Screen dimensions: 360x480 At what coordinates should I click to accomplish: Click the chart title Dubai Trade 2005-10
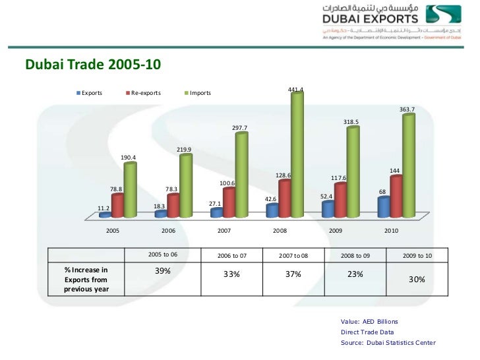[92, 65]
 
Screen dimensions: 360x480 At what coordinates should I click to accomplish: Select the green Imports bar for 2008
[297, 155]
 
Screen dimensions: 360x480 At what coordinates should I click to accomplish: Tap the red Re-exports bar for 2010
[396, 196]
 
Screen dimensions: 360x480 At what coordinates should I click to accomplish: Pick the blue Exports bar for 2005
[104, 214]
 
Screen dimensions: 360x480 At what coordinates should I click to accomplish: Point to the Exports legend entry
[91, 93]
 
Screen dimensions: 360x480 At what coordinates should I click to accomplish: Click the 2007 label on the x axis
[224, 231]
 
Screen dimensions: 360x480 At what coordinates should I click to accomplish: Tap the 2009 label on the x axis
[336, 231]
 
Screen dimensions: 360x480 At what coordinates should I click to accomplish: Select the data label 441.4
[295, 89]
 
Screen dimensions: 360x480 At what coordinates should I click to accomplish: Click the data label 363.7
[407, 109]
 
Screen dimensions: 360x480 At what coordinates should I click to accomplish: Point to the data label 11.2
[103, 208]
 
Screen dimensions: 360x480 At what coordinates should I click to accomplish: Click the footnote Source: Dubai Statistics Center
[388, 343]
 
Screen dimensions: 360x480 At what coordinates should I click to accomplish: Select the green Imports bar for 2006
[185, 185]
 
